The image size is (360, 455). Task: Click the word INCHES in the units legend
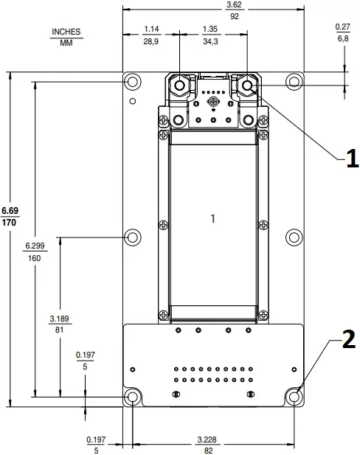tap(66, 32)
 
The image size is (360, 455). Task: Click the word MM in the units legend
tap(66, 42)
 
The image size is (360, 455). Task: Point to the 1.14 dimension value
tap(151, 29)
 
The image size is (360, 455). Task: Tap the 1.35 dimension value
tap(210, 29)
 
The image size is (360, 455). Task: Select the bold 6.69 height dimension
tap(10, 210)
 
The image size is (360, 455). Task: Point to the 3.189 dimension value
tap(60, 319)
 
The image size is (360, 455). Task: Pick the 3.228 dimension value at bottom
tap(207, 440)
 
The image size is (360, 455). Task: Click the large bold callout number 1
tap(351, 157)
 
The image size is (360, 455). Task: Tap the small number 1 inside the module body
tap(212, 218)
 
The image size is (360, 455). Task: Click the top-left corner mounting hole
tap(133, 81)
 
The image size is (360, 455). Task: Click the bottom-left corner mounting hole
tap(133, 397)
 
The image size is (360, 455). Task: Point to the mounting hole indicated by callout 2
tap(294, 397)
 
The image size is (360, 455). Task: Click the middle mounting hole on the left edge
tap(133, 237)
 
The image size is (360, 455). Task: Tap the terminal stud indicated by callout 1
tap(245, 86)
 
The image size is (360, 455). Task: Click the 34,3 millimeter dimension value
tap(210, 41)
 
